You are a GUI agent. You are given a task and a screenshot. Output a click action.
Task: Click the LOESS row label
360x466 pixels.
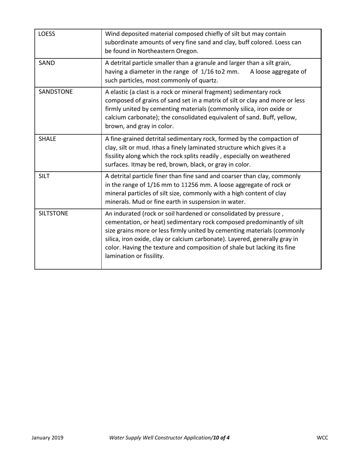click(47, 34)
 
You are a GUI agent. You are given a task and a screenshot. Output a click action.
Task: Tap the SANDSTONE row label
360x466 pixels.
click(56, 92)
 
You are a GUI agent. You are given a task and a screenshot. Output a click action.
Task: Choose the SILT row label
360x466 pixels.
click(44, 176)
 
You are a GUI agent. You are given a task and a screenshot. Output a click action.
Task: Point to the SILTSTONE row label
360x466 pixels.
click(53, 213)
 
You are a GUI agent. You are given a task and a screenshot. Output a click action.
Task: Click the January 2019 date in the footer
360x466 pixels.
click(47, 438)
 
